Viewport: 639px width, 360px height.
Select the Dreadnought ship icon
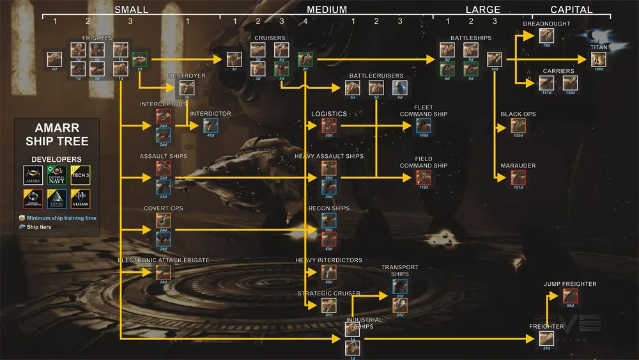coord(546,36)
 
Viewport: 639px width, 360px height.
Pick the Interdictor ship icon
coord(210,125)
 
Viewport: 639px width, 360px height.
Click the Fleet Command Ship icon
coord(423,125)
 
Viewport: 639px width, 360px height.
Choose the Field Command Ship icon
coord(423,177)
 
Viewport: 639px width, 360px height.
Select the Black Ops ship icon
coord(518,125)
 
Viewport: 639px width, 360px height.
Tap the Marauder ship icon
coord(518,177)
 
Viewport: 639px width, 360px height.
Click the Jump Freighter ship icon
coord(571,296)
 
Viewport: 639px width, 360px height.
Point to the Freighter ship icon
coord(546,338)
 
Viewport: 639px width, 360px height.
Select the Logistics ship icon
coord(329,125)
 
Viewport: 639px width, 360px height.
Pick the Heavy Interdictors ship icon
coord(329,272)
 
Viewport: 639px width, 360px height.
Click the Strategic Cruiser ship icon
coord(329,305)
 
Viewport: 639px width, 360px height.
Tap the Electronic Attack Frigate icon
coord(163,272)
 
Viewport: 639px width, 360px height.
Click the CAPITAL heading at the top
coord(571,10)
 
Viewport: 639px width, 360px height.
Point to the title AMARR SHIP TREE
coord(57,136)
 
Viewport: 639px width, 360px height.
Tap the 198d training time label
coord(599,70)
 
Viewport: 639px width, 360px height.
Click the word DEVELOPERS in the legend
coord(57,159)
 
